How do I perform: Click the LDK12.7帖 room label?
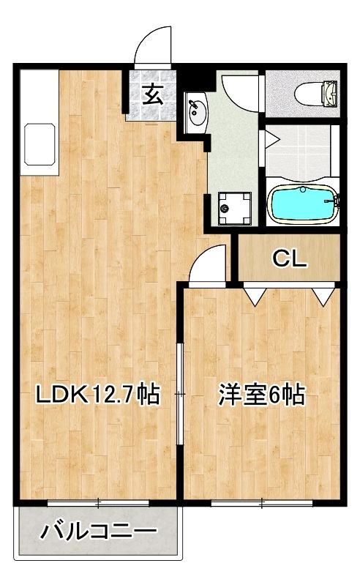[x=97, y=395]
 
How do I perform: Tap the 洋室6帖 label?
[x=261, y=395]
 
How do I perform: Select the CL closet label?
[x=290, y=258]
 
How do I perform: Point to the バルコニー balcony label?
[x=98, y=532]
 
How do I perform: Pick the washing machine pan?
[x=234, y=209]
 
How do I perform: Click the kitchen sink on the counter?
[x=40, y=144]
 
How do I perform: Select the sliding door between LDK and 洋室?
[x=181, y=394]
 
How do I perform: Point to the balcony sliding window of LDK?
[x=98, y=503]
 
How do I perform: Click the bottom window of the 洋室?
[x=262, y=503]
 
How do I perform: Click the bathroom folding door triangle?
[x=272, y=140]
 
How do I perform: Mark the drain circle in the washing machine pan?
[x=225, y=209]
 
